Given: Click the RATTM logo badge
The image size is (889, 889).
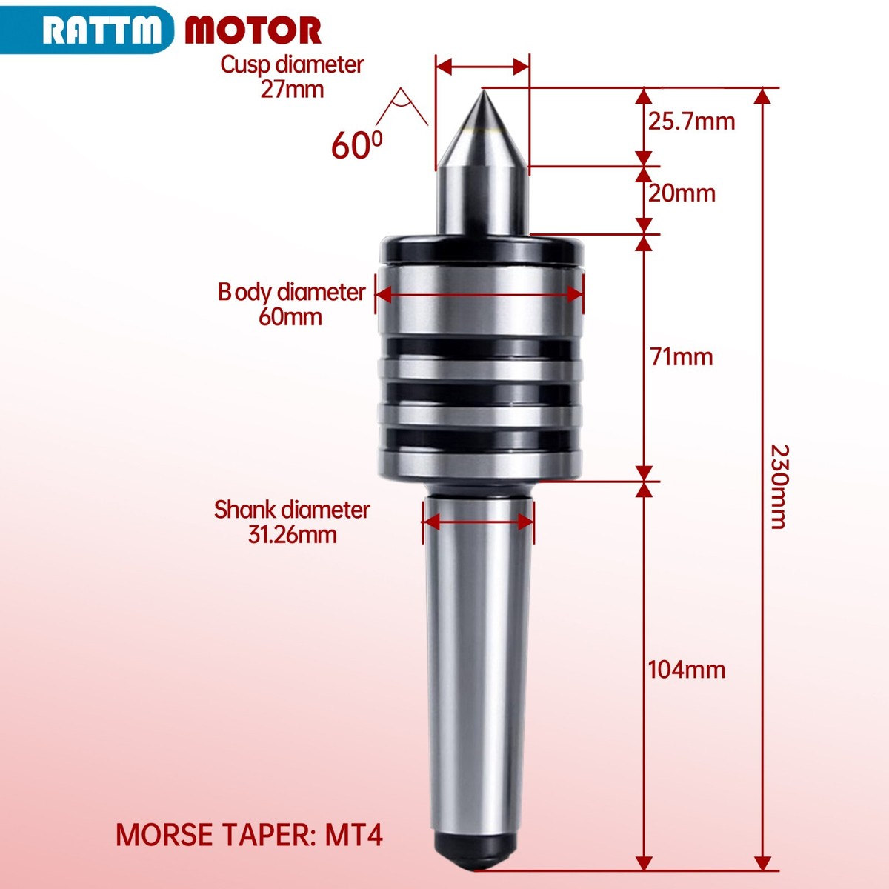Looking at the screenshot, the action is tap(87, 30).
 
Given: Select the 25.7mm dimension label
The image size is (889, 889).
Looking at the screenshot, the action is tap(691, 121).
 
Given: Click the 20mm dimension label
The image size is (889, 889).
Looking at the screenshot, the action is tap(682, 193).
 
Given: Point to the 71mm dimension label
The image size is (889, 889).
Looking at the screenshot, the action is tap(682, 356).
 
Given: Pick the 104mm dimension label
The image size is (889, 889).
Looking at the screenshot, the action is tap(687, 670).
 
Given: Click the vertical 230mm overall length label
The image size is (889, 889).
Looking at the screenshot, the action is tap(779, 486).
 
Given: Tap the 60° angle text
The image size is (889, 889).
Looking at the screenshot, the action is tap(356, 144).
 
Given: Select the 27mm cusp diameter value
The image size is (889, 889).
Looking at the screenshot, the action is tap(292, 90).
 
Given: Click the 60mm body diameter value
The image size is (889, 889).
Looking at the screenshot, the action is tap(290, 317).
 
